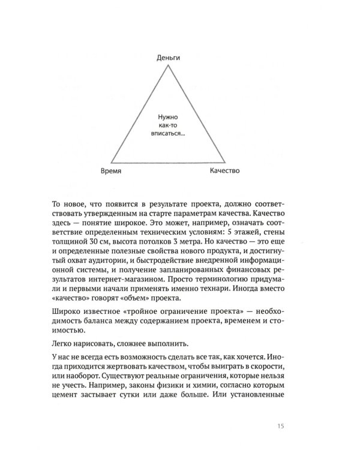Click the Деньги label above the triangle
(168, 58)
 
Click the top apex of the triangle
(168, 65)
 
